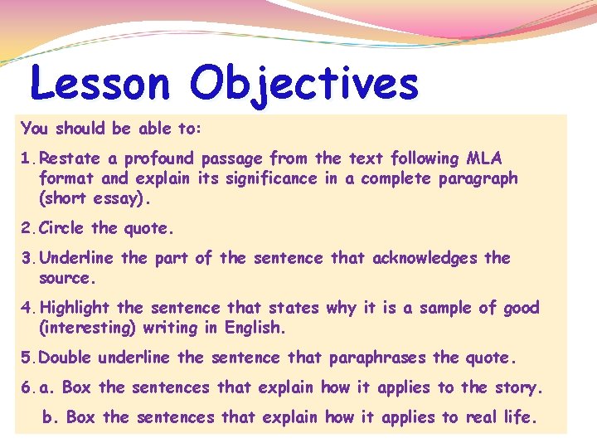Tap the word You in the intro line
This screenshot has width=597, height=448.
[x=35, y=129]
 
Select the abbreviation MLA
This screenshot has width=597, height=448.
[x=484, y=158]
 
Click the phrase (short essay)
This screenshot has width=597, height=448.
[x=96, y=198]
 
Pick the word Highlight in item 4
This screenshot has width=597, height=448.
[x=73, y=308]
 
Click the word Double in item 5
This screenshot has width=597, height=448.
[x=66, y=358]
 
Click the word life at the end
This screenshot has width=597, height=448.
[x=520, y=417]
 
